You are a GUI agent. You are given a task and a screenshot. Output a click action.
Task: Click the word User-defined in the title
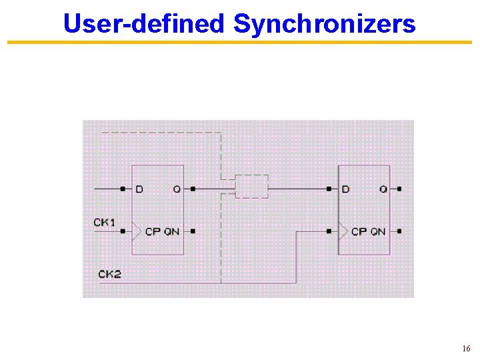click(143, 24)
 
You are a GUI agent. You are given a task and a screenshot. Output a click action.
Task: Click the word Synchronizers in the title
click(325, 24)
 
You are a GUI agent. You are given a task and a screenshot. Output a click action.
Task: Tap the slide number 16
click(466, 349)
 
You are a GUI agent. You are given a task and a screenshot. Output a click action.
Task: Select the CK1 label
click(105, 222)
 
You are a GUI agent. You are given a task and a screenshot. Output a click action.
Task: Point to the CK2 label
click(109, 274)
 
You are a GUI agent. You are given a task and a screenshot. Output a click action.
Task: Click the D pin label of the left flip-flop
click(139, 189)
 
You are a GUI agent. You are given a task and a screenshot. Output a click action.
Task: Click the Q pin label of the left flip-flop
click(176, 189)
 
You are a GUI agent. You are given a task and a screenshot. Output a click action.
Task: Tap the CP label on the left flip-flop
click(153, 232)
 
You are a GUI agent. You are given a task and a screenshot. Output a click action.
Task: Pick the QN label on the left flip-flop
click(171, 232)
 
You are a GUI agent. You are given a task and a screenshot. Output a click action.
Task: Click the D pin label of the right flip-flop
click(345, 189)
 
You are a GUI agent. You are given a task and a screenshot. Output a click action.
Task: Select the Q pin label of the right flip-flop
click(383, 189)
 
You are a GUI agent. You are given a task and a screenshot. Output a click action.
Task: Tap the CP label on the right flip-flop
click(359, 232)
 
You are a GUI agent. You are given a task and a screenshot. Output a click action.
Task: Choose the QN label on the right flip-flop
click(378, 232)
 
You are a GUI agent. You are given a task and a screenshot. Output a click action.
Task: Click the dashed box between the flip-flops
click(252, 187)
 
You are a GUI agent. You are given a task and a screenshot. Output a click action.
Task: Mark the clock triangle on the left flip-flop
click(137, 231)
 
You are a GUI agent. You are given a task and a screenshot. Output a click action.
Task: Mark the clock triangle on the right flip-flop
click(343, 231)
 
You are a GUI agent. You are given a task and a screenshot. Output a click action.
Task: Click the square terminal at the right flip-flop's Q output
click(399, 189)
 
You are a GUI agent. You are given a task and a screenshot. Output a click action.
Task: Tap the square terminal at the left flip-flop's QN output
click(193, 231)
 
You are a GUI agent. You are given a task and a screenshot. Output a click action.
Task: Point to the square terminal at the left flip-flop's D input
click(123, 189)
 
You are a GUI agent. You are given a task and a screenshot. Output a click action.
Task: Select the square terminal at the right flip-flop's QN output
click(399, 231)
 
